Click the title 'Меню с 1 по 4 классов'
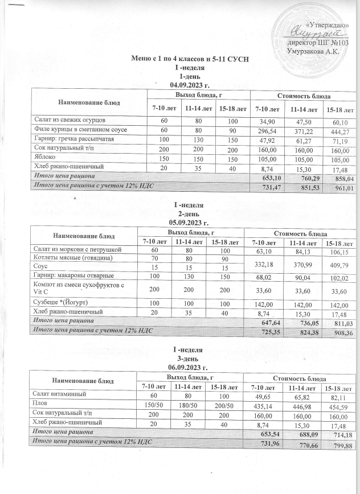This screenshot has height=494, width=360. [x=191, y=60]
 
